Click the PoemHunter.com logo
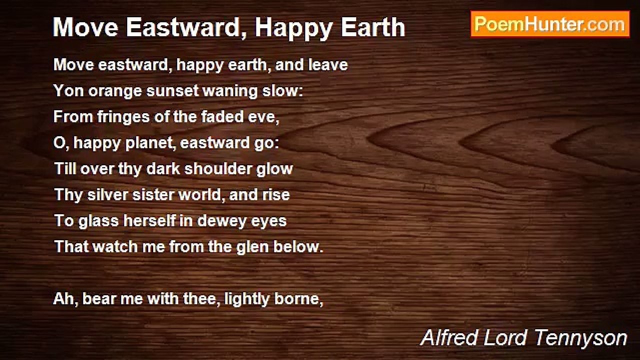coord(550,24)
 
